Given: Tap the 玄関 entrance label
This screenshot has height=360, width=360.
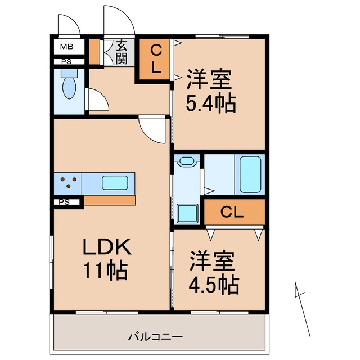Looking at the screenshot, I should pyautogui.click(x=122, y=52).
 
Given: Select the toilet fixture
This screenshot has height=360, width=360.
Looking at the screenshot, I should pyautogui.click(x=69, y=85).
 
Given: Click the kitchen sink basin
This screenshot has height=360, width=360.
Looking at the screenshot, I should pyautogui.click(x=115, y=183).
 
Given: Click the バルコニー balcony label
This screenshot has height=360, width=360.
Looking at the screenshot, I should pyautogui.click(x=155, y=337).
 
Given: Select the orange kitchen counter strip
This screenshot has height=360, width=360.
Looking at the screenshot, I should pyautogui.click(x=110, y=200).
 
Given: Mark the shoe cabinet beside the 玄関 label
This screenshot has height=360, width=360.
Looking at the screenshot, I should pyautogui.click(x=94, y=51).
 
